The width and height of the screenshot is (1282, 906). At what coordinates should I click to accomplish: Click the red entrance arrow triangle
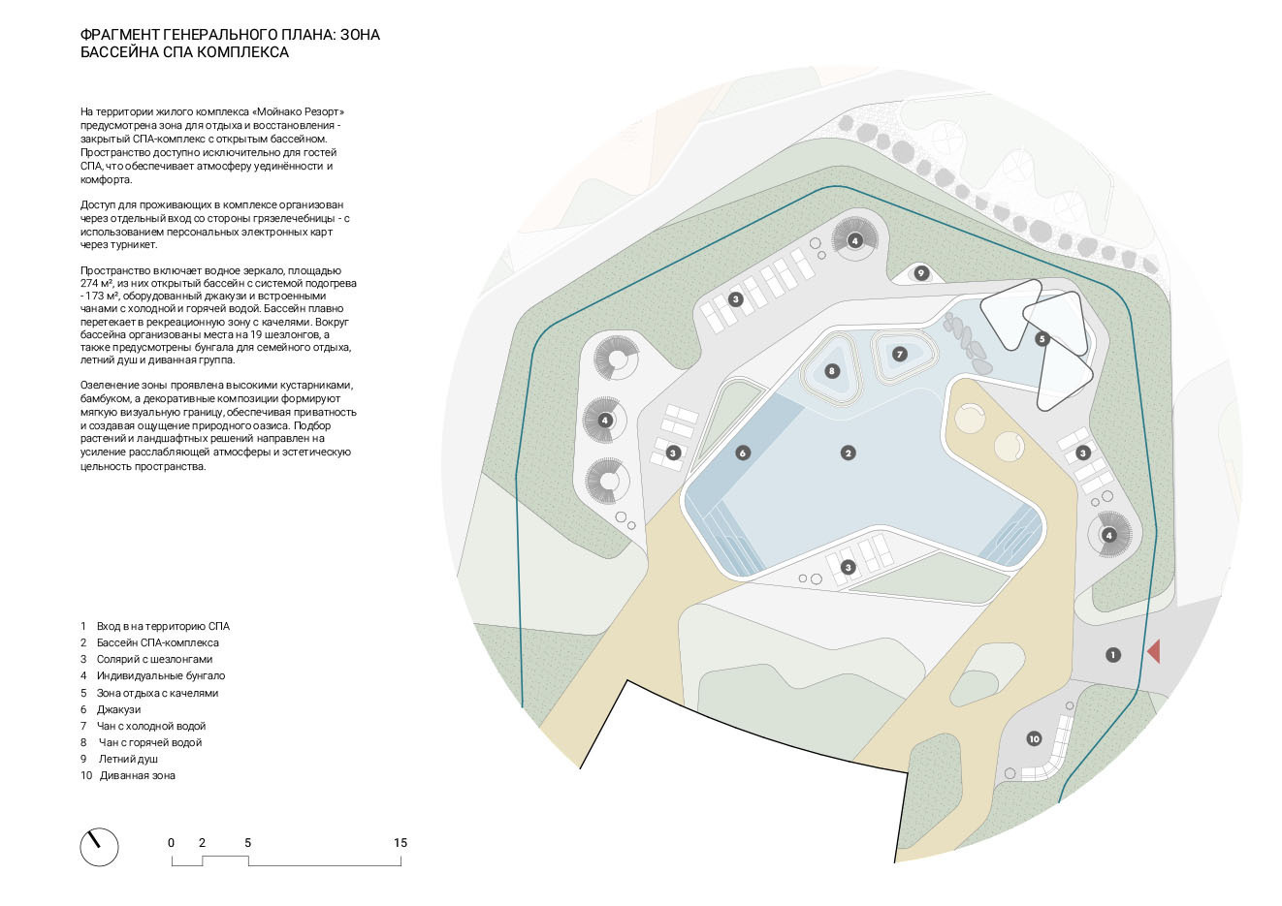(1154, 651)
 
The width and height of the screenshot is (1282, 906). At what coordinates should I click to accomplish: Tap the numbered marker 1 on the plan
(1112, 655)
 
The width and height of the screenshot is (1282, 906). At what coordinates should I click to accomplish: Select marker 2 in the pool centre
(849, 453)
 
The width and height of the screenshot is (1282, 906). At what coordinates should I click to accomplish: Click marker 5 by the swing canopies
(1042, 339)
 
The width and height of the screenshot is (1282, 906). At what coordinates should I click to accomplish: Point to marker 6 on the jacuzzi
(743, 453)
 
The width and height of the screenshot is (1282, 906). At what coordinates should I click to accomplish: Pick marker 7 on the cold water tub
(900, 355)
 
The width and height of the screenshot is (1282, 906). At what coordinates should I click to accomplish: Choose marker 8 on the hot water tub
(831, 371)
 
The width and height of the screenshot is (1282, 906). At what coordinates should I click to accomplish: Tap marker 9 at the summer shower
(921, 273)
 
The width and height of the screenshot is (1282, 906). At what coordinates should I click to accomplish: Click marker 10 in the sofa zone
(1034, 739)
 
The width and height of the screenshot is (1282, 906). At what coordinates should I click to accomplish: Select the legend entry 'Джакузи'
(118, 709)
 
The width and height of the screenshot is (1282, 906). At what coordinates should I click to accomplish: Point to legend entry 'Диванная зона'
(137, 775)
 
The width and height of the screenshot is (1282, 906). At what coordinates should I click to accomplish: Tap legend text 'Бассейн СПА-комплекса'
(157, 642)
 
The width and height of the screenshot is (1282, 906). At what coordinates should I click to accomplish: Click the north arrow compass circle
(99, 846)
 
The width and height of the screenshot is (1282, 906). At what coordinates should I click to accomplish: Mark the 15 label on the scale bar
(401, 843)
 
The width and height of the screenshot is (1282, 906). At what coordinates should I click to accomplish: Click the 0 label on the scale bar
(172, 843)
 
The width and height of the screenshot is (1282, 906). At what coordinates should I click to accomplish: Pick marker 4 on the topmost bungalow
(854, 240)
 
